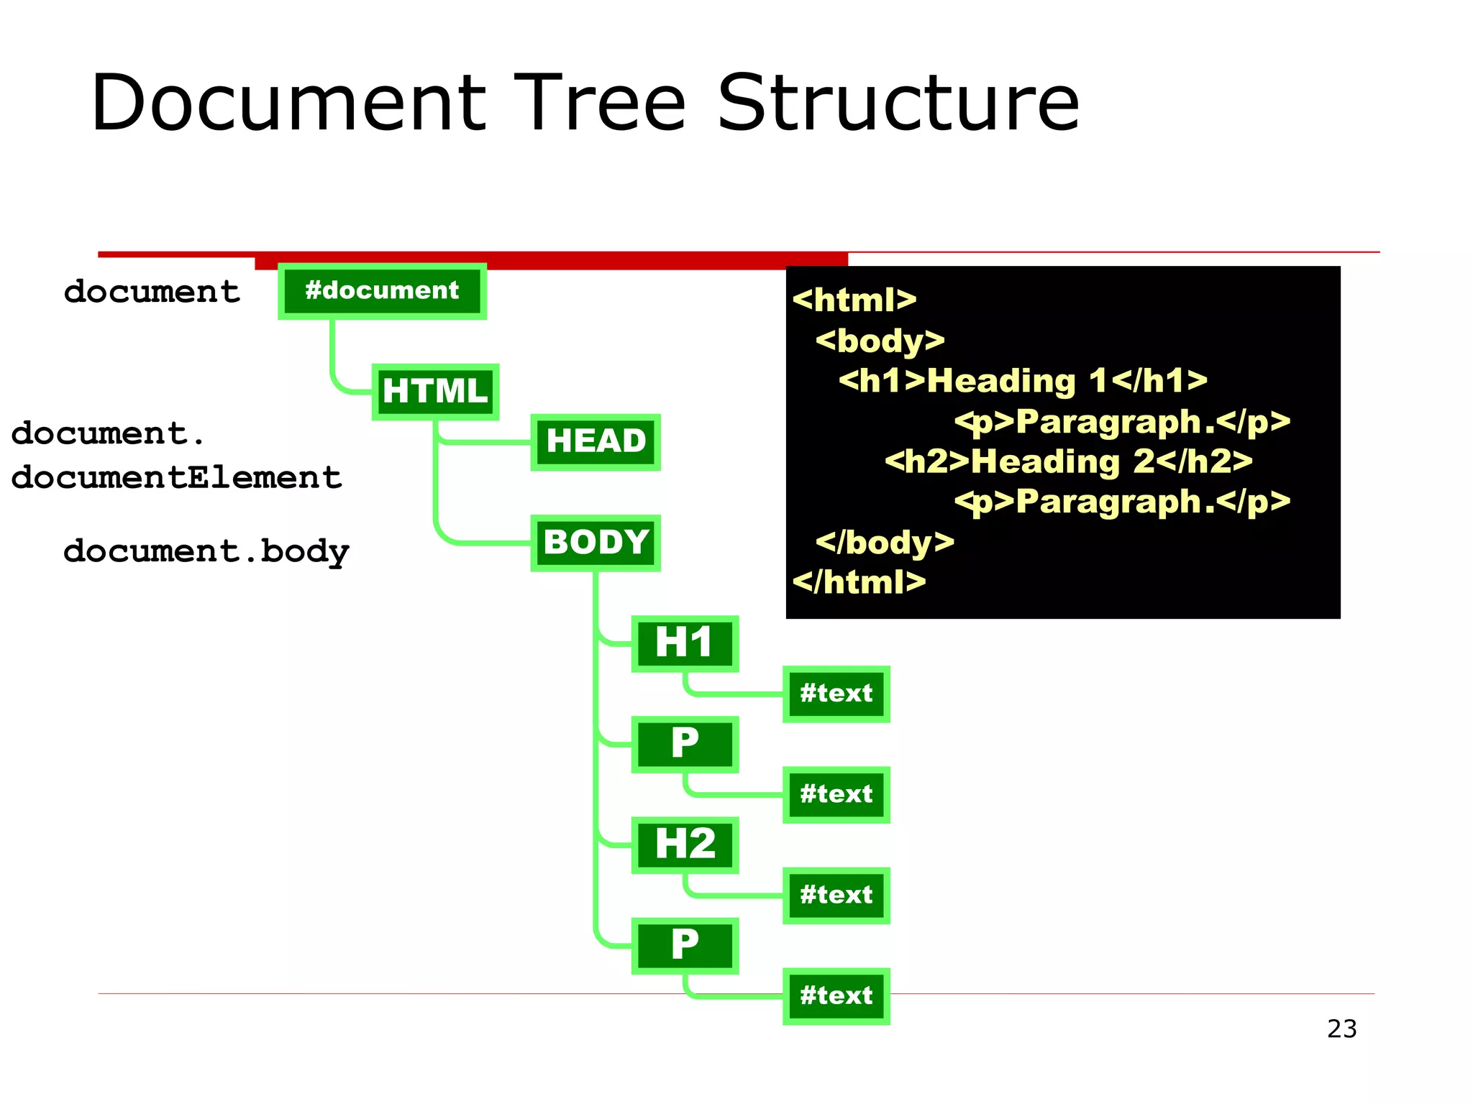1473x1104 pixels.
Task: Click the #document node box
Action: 382,291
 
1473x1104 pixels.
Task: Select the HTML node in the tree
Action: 435,392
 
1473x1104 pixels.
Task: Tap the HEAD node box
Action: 596,442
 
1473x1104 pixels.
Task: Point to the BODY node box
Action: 596,543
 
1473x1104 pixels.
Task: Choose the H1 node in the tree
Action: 685,643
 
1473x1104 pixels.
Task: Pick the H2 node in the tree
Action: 685,845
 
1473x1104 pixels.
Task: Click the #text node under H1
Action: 836,694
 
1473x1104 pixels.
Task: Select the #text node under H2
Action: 836,895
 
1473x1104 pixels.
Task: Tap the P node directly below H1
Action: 685,744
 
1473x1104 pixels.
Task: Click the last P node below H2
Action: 685,945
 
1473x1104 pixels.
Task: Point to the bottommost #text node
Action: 836,995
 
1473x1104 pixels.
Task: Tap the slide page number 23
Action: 1341,1029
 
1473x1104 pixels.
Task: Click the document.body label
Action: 206,552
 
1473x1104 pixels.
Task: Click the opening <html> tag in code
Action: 854,300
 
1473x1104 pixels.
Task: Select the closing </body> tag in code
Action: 885,542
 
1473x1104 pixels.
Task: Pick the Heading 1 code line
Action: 1023,380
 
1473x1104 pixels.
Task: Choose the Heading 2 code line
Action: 1069,461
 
